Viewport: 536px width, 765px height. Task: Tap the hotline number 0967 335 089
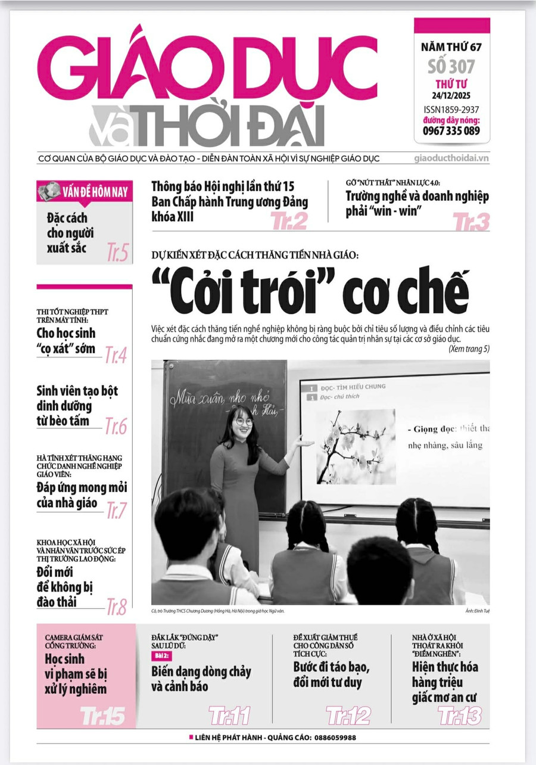point(451,131)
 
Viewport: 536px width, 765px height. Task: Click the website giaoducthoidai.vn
point(451,158)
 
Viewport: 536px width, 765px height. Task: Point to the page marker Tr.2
point(289,221)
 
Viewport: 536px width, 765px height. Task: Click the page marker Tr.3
point(471,222)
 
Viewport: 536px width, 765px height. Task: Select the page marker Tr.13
point(460,715)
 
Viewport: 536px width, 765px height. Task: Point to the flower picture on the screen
point(356,447)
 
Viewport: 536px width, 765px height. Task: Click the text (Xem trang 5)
point(469,349)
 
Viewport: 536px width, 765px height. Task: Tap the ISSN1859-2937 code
point(451,110)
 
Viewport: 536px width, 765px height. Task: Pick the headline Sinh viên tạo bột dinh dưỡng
point(77,406)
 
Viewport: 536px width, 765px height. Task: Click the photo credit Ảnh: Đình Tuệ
point(474,611)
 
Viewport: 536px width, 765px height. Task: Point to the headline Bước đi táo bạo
point(332,674)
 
